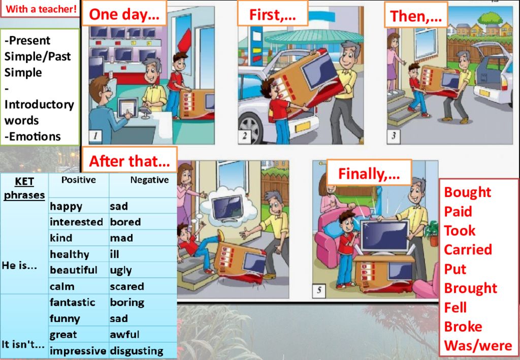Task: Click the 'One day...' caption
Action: pos(124,14)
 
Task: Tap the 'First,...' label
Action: pos(273,15)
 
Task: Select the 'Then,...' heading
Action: pos(416,16)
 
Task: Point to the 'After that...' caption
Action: pos(129,161)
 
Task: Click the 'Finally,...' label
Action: pos(369,174)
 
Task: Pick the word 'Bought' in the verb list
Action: pos(467,192)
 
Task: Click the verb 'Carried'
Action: pos(468,250)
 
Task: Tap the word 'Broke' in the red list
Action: pos(463,326)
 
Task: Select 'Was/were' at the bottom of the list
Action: pos(478,345)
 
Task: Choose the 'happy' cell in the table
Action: pos(66,207)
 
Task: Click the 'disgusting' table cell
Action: pos(136,351)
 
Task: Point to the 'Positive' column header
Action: pos(79,180)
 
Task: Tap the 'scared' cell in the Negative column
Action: pos(126,286)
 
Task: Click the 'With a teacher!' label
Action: pos(41,9)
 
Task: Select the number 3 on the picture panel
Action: pos(394,136)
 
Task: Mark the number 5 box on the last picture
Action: pos(319,290)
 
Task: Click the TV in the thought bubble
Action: pos(229,208)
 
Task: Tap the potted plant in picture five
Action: pos(432,232)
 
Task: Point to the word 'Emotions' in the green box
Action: pos(32,136)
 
